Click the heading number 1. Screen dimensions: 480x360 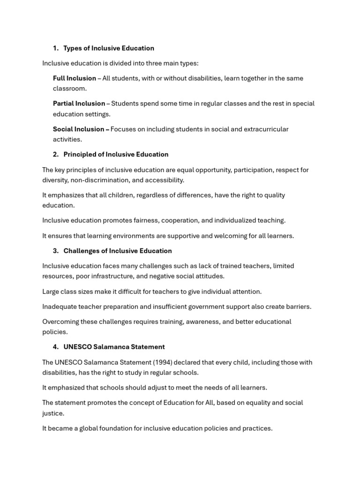pos(55,48)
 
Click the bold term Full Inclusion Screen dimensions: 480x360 pos(75,78)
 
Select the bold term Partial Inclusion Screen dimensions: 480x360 pos(79,104)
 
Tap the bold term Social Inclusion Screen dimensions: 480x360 pos(78,129)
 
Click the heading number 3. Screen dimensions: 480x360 pos(55,251)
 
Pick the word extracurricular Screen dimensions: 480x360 pos(266,129)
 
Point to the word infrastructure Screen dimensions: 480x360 pos(108,276)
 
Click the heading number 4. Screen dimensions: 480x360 pos(55,347)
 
